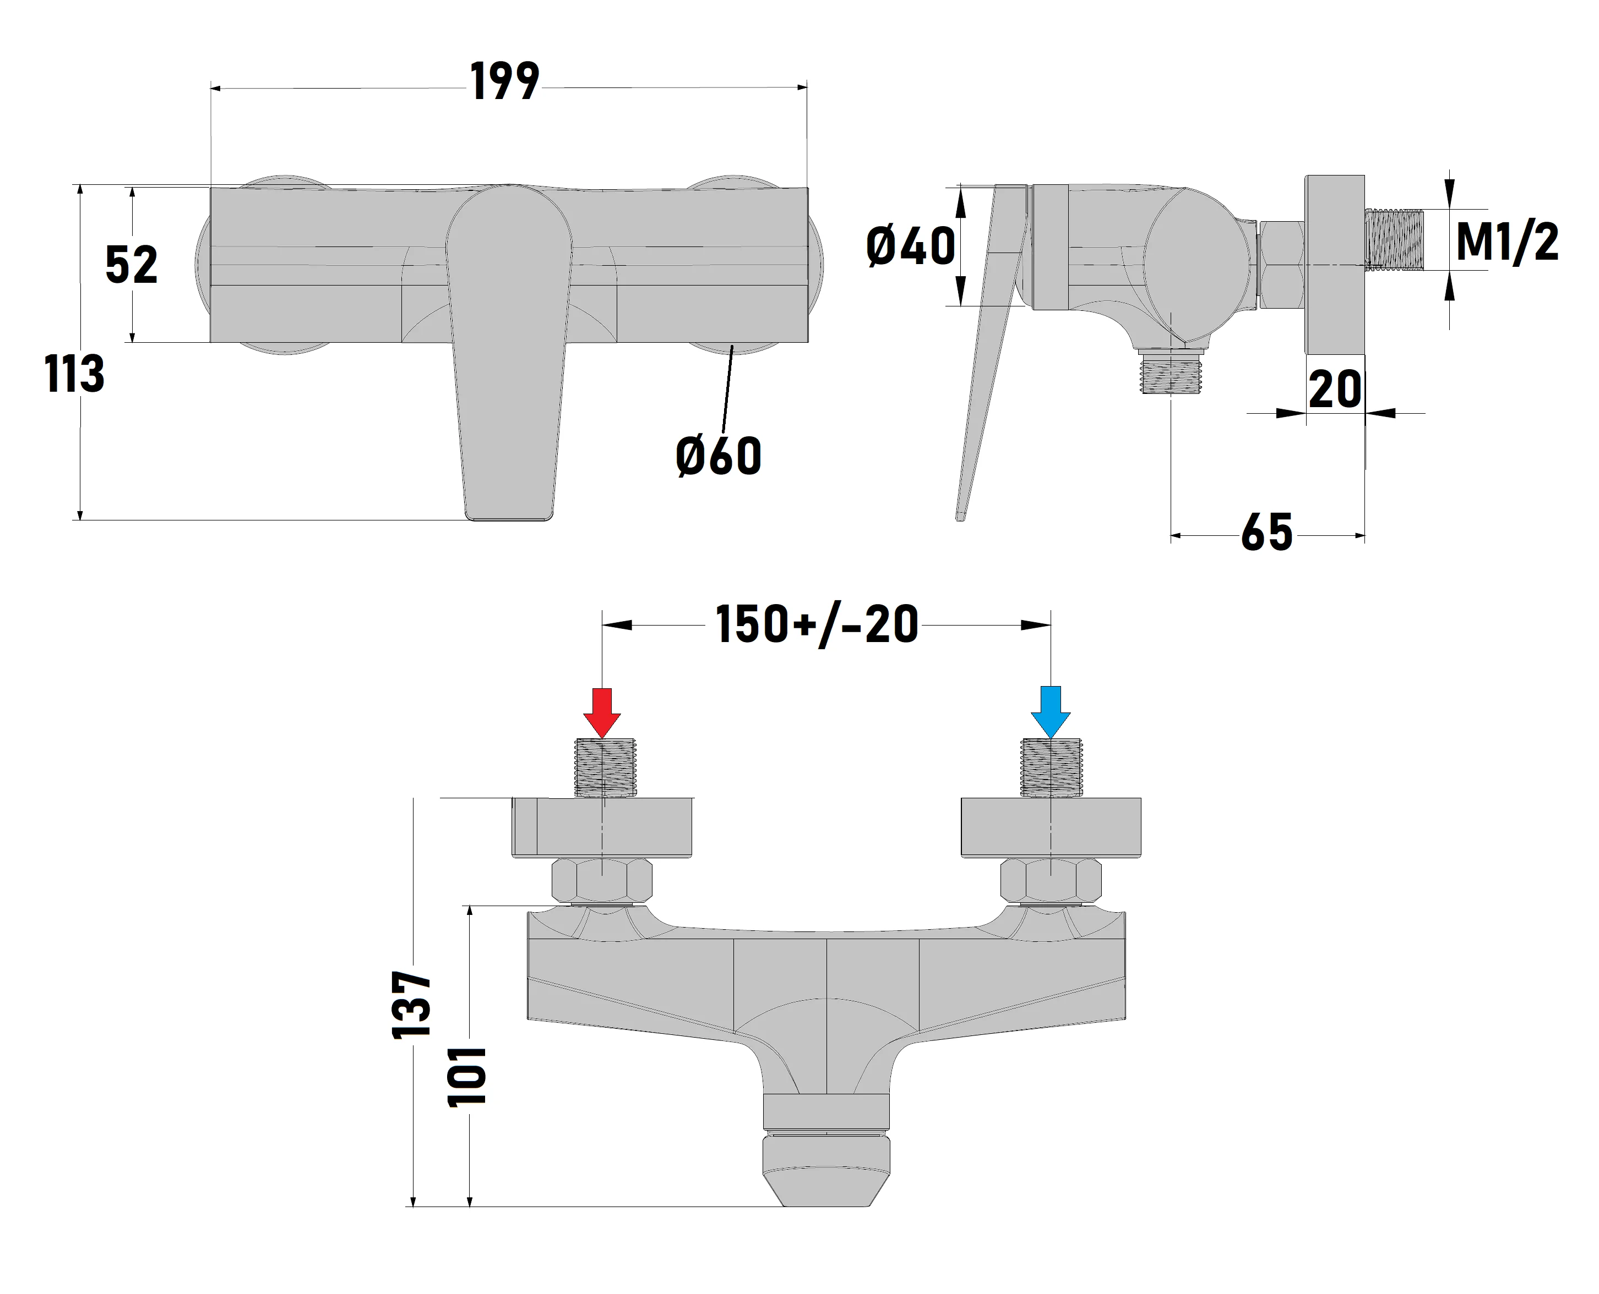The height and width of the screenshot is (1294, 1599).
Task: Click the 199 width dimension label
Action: pyautogui.click(x=504, y=82)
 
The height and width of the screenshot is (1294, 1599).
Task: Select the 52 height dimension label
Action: pyautogui.click(x=131, y=265)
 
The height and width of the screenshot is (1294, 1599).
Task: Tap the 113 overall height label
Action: pyautogui.click(x=74, y=374)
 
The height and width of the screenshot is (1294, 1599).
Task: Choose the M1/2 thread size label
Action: pyautogui.click(x=1507, y=242)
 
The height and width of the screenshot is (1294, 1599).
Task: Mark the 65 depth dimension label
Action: pyautogui.click(x=1266, y=533)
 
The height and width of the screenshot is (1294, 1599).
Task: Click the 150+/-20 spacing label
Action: pyautogui.click(x=817, y=624)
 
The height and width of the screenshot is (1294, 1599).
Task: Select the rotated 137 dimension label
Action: pyautogui.click(x=412, y=1005)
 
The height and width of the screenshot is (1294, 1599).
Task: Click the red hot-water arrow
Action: pyautogui.click(x=602, y=712)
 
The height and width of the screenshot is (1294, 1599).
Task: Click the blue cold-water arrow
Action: pyautogui.click(x=1050, y=712)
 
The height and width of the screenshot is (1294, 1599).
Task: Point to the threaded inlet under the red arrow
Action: pyautogui.click(x=605, y=767)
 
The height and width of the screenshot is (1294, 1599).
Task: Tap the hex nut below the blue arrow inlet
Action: pyautogui.click(x=1050, y=880)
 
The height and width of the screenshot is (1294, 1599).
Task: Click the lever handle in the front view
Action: pyautogui.click(x=509, y=350)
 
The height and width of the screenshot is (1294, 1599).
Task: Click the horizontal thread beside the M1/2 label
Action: pyautogui.click(x=1395, y=239)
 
